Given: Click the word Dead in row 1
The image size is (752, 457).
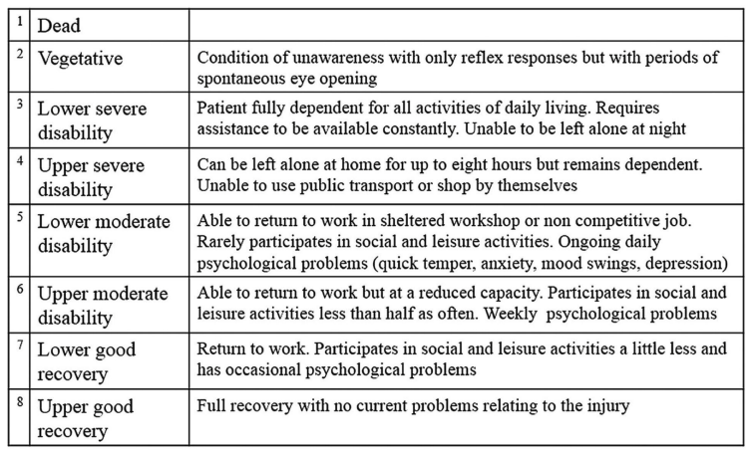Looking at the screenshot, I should point(59,26).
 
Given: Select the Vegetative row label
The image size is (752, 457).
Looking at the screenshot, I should point(80,59).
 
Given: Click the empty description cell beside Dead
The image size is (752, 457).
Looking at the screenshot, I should point(467,25).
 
